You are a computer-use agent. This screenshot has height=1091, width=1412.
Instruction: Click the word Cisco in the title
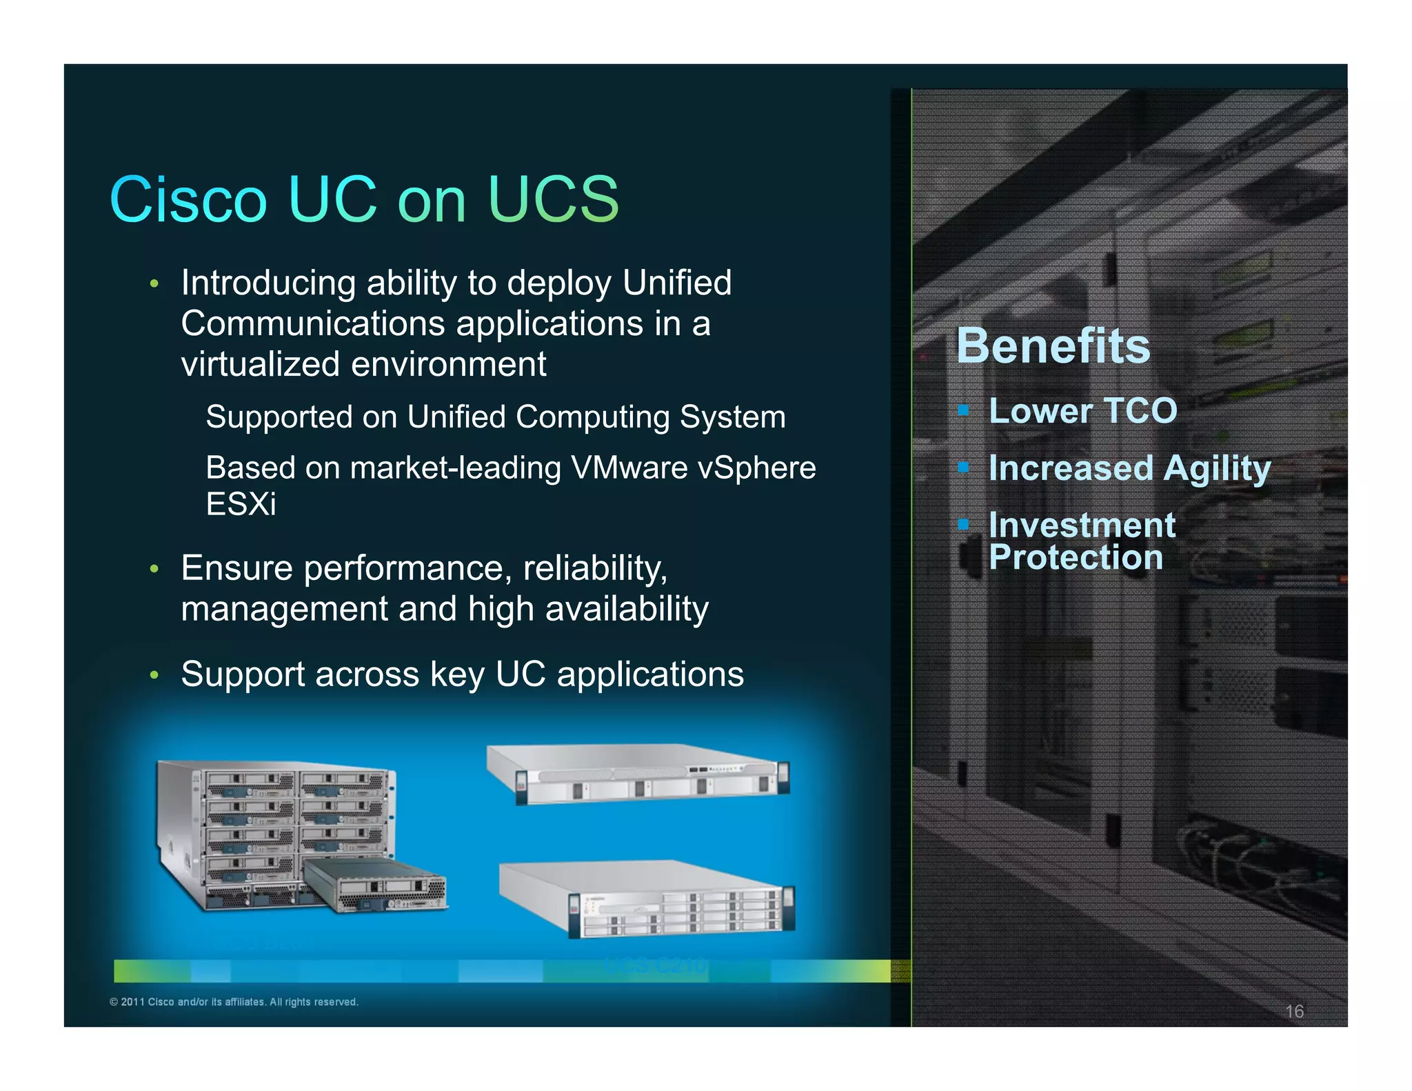pyautogui.click(x=188, y=200)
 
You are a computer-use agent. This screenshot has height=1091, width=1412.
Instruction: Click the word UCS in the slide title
pyautogui.click(x=553, y=200)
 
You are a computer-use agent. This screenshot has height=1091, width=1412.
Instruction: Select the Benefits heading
pyautogui.click(x=1053, y=346)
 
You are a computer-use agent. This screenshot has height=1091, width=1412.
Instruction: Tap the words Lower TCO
pyautogui.click(x=1082, y=411)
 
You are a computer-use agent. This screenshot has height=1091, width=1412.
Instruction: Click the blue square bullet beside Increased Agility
pyautogui.click(x=963, y=468)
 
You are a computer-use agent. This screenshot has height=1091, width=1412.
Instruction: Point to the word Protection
pyautogui.click(x=1076, y=557)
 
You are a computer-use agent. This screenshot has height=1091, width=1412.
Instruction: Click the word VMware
pyautogui.click(x=629, y=468)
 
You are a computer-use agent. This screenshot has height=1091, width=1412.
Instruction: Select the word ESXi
pyautogui.click(x=241, y=504)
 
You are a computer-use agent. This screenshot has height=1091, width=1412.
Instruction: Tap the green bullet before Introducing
pyautogui.click(x=154, y=284)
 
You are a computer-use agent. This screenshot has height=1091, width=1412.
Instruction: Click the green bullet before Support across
pyautogui.click(x=154, y=675)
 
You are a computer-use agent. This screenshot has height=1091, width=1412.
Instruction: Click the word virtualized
pyautogui.click(x=261, y=364)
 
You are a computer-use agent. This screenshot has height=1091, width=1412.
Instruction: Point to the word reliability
pyautogui.click(x=594, y=568)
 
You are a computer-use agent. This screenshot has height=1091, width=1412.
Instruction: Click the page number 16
pyautogui.click(x=1294, y=1011)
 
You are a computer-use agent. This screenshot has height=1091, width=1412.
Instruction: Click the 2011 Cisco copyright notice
pyautogui.click(x=234, y=1002)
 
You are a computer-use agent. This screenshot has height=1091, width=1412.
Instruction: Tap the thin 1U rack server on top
pyautogui.click(x=638, y=774)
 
